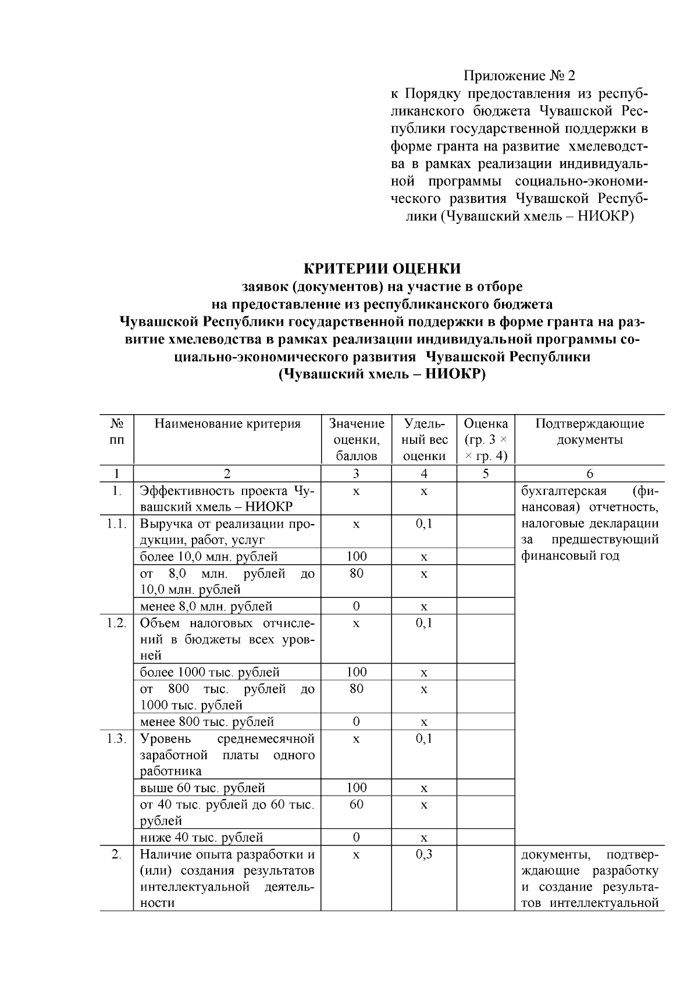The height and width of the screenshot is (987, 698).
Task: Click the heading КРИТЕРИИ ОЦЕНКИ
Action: point(382,268)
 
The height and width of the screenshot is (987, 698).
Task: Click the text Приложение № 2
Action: point(519,76)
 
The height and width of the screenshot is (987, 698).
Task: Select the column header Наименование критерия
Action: point(227,423)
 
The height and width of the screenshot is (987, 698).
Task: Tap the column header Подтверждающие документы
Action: point(589,431)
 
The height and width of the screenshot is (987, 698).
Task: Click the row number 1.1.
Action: point(116,523)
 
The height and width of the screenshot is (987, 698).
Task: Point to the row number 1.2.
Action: point(116,623)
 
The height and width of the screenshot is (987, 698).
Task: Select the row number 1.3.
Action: point(116,739)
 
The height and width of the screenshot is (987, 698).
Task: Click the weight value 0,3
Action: point(424,854)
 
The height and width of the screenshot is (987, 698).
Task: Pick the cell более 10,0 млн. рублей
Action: point(209,557)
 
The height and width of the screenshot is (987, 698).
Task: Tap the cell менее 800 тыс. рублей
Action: point(206,722)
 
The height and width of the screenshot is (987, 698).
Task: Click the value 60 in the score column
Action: point(356,804)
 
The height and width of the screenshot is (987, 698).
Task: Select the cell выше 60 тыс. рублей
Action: point(202,788)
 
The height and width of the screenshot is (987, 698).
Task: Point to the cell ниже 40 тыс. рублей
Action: point(201,838)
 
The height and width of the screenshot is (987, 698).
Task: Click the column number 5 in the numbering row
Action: point(486,473)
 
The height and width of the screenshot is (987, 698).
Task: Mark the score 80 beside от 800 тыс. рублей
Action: point(356,689)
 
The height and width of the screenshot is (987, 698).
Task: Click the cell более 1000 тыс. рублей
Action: point(210,672)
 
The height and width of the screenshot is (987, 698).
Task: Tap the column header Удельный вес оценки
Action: point(424,440)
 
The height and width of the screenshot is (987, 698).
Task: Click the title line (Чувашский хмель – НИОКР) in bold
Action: point(382,374)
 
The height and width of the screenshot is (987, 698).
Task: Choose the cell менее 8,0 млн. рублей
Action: point(206,607)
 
